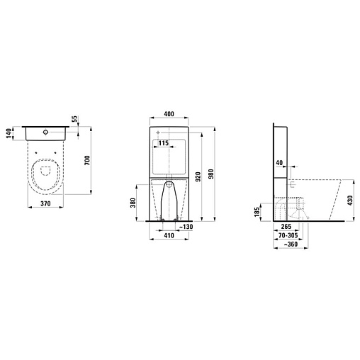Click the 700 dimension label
coord(87,160)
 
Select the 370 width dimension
coord(45,203)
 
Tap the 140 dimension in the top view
coord(9,133)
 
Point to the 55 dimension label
coord(74,119)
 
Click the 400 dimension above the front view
coord(169,114)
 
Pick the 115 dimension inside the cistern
coord(164,143)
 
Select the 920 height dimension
coord(198,176)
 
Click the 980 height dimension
coord(211,174)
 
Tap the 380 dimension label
coord(133,203)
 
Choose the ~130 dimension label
coord(186,227)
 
